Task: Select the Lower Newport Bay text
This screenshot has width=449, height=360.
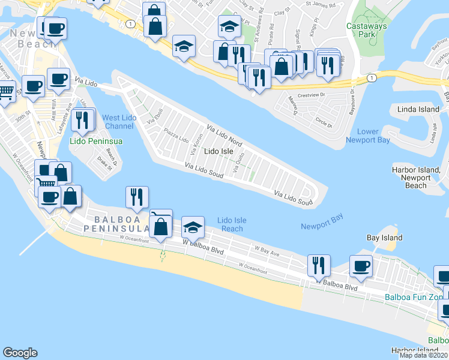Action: click(367, 136)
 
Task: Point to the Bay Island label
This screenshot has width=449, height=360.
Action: click(384, 238)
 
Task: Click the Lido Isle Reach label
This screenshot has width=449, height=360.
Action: click(232, 224)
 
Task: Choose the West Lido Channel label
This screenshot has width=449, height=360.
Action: click(118, 122)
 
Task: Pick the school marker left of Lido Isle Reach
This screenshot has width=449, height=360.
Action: click(192, 227)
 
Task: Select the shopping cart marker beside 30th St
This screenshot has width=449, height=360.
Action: click(5, 92)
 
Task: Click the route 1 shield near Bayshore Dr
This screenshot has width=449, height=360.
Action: click(372, 78)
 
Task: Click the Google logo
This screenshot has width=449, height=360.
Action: click(20, 353)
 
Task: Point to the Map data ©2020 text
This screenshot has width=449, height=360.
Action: click(424, 355)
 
